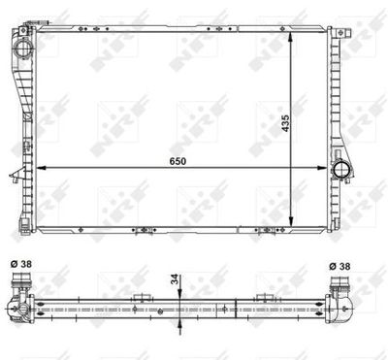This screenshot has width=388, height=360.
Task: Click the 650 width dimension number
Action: pos(178,161)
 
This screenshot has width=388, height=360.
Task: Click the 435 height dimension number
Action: pos(285,123)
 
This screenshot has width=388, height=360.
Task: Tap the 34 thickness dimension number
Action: pos(175,279)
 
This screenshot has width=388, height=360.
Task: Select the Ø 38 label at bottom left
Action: pos(21,264)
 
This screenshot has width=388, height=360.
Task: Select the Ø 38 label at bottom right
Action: pos(339,266)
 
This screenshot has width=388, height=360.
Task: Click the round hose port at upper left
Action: pos(22,49)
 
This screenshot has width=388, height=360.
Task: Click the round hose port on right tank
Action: pos(341,169)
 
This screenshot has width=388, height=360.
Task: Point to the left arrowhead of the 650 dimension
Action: pos(41,168)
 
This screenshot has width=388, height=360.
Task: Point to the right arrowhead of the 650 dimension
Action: pos(322,168)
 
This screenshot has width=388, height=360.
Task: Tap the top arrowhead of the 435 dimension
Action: pos(291,36)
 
